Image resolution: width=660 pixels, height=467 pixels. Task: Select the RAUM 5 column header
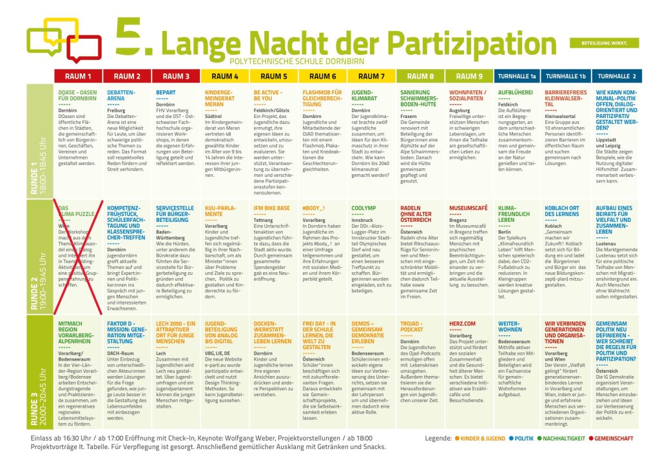274,76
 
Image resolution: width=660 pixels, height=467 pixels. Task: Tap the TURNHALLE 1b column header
565,76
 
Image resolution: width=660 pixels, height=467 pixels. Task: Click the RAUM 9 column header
469,76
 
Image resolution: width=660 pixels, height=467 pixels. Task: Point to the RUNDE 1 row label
39,142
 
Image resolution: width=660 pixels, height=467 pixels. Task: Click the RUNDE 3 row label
39,373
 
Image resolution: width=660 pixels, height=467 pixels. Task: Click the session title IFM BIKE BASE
272,208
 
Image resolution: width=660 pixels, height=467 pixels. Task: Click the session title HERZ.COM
462,324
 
